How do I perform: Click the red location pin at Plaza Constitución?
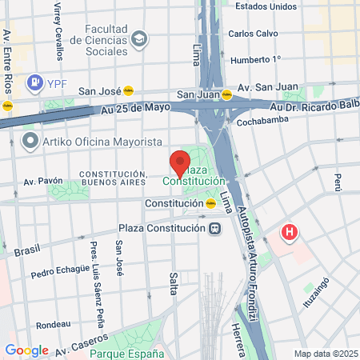[180, 162]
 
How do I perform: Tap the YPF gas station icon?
[35, 82]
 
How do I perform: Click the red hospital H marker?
[290, 234]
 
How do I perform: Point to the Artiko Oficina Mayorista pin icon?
[31, 142]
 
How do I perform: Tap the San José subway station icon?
[128, 91]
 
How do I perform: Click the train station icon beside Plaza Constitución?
[214, 228]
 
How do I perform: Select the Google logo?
[26, 350]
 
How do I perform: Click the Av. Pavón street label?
[42, 181]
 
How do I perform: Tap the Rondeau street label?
[53, 325]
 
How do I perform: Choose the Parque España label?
[127, 354]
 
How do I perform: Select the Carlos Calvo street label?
[253, 34]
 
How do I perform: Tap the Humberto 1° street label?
[255, 59]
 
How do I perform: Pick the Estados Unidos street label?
[265, 7]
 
